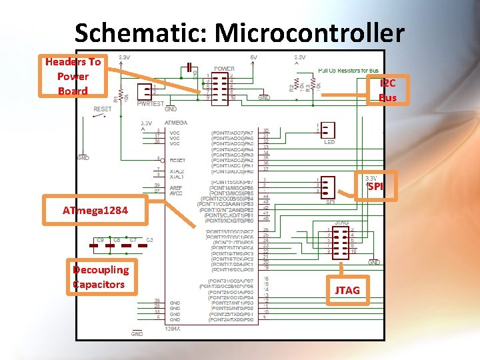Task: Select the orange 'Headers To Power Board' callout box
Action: click(x=73, y=76)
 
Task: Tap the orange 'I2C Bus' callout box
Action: click(x=387, y=90)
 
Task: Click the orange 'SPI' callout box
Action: click(x=376, y=187)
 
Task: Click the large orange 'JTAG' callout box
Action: click(x=347, y=290)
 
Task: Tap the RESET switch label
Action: click(x=103, y=109)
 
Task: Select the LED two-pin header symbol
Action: click(x=328, y=130)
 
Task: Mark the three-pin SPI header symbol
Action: click(x=327, y=185)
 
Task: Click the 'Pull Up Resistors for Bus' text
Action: click(x=348, y=70)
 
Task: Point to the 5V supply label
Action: click(x=253, y=57)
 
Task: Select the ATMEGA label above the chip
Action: click(x=176, y=123)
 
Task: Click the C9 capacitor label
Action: click(x=100, y=239)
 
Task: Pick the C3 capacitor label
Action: click(x=149, y=239)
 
